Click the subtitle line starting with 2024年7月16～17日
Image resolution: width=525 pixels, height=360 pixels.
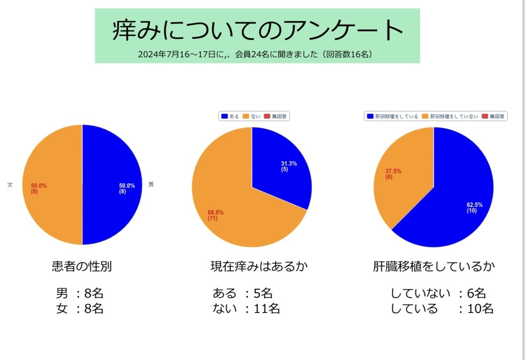(256, 54)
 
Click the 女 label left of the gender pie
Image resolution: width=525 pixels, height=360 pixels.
(10, 185)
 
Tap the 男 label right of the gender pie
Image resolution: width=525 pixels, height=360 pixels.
(151, 185)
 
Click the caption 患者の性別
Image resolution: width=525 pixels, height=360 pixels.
(82, 266)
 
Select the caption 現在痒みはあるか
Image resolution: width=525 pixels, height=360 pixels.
(259, 266)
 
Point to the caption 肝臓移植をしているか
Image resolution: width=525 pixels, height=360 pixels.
(433, 266)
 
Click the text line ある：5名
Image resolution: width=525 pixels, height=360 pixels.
(242, 294)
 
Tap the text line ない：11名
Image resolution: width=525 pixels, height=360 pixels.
(246, 308)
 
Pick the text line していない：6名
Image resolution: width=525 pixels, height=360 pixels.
(438, 294)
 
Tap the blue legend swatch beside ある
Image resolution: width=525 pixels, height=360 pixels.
(224, 116)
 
